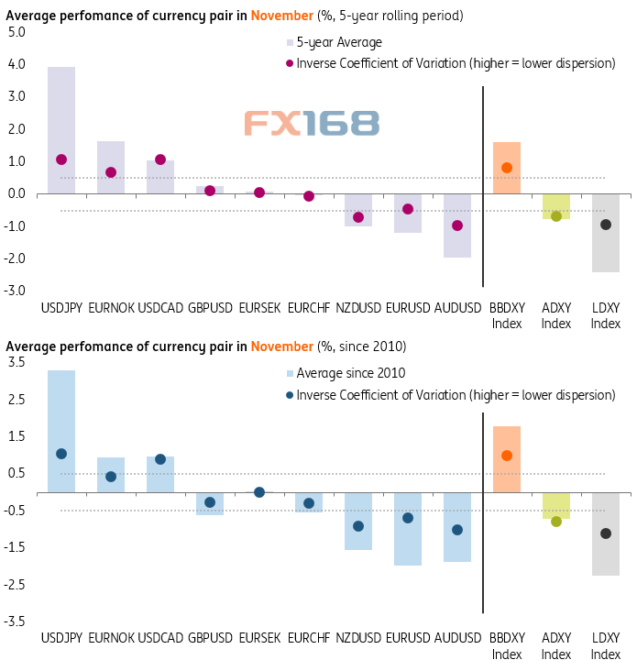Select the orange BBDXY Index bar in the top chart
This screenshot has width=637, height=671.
click(507, 168)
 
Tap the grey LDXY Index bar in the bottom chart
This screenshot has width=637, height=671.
click(605, 533)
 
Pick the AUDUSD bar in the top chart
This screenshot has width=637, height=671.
click(457, 225)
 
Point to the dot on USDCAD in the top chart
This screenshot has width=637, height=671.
click(160, 159)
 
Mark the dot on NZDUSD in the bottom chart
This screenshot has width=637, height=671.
click(358, 526)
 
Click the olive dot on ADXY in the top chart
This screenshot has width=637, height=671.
click(556, 216)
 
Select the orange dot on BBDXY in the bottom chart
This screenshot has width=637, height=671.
click(507, 456)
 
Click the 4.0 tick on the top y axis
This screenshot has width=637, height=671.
click(16, 64)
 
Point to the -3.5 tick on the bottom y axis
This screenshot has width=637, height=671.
click(16, 621)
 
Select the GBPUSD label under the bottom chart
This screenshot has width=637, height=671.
click(210, 636)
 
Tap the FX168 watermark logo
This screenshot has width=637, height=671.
click(311, 123)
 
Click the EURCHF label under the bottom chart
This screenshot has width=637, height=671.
click(309, 636)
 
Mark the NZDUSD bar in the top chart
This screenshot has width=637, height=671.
click(358, 210)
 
